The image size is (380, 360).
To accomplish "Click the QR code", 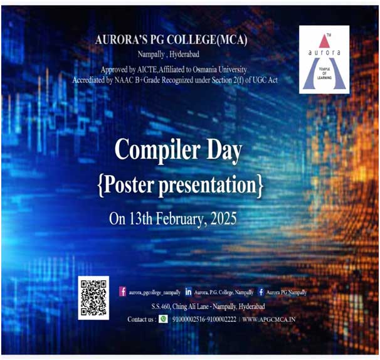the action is pyautogui.click(x=93, y=298).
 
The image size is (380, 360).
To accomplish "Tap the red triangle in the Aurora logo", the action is pyautogui.click(x=324, y=41).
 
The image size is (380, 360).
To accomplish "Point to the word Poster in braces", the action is pyautogui.click(x=129, y=185).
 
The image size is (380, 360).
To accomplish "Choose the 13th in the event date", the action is pyautogui.click(x=141, y=219).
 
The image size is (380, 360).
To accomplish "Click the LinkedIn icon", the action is pyautogui.click(x=188, y=292).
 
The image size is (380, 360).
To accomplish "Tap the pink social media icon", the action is pyautogui.click(x=123, y=292).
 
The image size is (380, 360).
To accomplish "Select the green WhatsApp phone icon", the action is pyautogui.click(x=163, y=319).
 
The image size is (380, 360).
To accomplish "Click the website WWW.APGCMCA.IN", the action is pyautogui.click(x=269, y=319).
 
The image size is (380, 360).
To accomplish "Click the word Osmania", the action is pyautogui.click(x=205, y=70).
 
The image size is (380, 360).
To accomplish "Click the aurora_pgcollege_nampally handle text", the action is pyautogui.click(x=155, y=292).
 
